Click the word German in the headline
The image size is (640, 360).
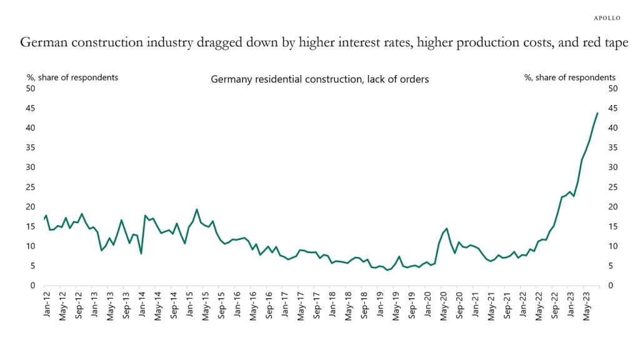tap(42, 43)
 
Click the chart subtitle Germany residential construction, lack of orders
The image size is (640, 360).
tap(319, 79)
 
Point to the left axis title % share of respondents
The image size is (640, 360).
tap(72, 77)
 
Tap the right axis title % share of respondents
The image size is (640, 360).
tap(569, 77)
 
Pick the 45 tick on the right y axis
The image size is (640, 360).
tap(612, 108)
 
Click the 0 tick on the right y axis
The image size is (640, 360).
tap(611, 286)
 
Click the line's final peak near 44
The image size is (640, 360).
tap(597, 113)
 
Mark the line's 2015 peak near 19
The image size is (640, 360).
tap(197, 209)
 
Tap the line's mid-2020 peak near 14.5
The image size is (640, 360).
tap(447, 228)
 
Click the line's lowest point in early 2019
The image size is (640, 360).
tap(387, 270)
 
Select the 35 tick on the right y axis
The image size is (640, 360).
tap(612, 147)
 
